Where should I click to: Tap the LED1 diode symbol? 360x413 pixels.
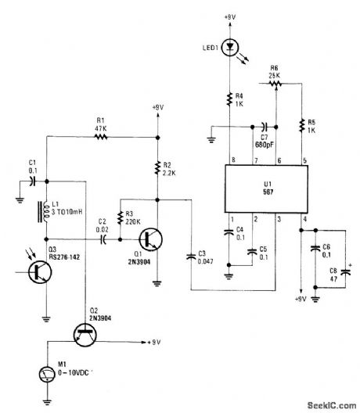click(x=229, y=46)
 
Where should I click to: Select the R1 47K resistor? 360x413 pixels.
click(x=99, y=136)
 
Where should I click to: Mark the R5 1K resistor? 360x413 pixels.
click(x=301, y=123)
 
